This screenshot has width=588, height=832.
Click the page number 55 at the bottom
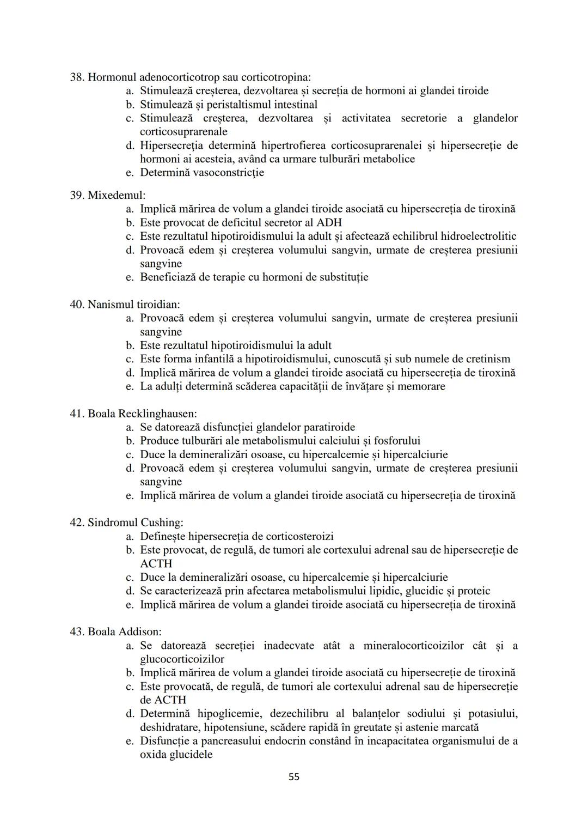[x=293, y=777]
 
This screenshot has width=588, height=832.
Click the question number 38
[x=76, y=77]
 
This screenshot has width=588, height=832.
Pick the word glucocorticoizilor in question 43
[x=182, y=659]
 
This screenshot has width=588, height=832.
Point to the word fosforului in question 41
[x=394, y=441]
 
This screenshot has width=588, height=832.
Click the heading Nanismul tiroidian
[x=134, y=304]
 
